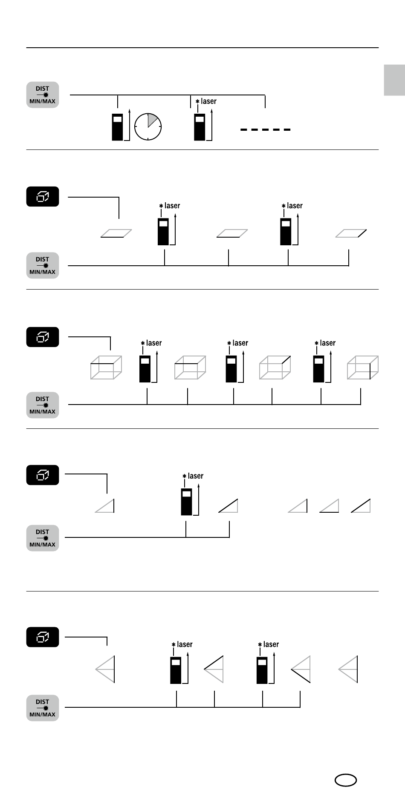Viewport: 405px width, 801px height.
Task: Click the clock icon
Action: pos(148,126)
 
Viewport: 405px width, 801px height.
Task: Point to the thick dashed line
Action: pos(265,129)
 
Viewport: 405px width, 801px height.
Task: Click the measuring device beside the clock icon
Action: pos(117,127)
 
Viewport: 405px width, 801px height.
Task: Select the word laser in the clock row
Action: pos(208,101)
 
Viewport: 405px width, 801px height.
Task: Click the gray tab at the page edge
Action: pos(394,80)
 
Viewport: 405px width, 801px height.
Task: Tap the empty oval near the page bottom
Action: pos(345,780)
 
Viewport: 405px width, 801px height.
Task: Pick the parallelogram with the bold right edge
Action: pos(351,233)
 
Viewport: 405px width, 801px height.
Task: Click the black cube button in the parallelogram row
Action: pos(43,197)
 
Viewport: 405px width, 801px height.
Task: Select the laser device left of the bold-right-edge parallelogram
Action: pos(285,232)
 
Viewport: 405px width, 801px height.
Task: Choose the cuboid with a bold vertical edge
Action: pos(363,367)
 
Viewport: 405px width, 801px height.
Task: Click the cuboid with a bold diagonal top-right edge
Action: pos(275,367)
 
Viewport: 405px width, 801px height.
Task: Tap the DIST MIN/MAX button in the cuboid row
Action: pos(43,405)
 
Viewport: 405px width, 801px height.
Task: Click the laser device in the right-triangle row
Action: pos(186,502)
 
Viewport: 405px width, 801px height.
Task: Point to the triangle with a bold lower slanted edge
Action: pos(301,669)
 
